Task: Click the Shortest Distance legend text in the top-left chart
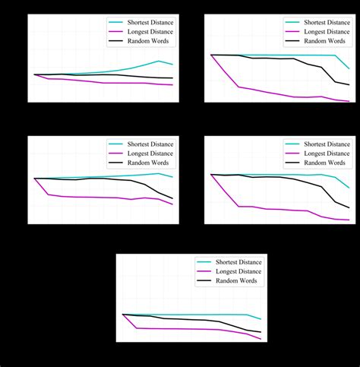[150, 24]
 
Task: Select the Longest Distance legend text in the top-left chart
[150, 32]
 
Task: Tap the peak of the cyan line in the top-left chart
[158, 61]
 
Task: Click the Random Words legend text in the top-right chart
[324, 41]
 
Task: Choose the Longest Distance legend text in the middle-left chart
[150, 153]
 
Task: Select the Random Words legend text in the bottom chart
[236, 280]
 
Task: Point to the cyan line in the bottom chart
[197, 315]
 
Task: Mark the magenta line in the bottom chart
[190, 329]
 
